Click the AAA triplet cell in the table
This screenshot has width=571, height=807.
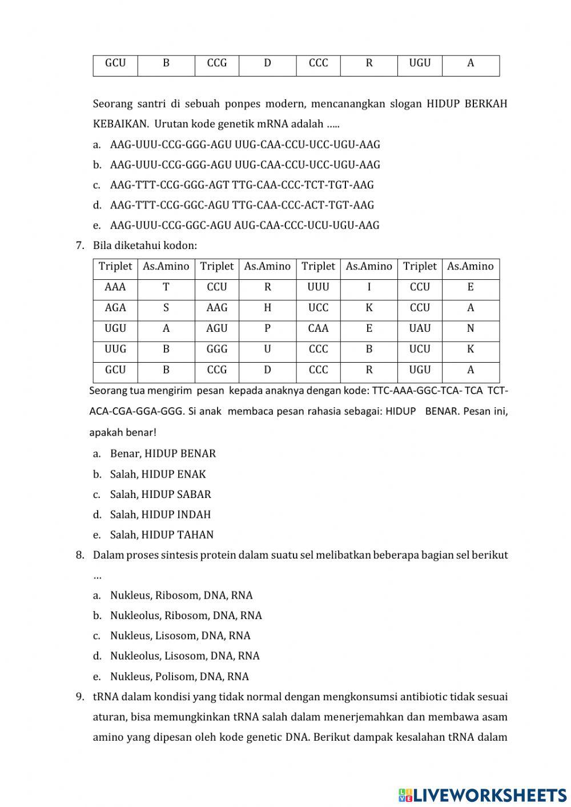115,287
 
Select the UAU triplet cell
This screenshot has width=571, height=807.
420,328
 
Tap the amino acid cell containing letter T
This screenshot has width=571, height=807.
166,287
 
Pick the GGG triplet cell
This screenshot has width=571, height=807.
217,349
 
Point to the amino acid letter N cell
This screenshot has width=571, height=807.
471,328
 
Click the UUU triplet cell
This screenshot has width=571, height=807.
318,287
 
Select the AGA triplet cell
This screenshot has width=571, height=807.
115,308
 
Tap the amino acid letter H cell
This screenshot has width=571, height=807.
267,308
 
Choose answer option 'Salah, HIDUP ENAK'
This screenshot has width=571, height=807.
158,474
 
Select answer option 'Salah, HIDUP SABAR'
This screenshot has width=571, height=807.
160,495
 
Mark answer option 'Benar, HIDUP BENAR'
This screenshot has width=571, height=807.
163,454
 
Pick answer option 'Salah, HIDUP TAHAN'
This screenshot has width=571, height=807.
162,535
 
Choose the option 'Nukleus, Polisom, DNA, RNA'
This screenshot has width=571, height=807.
179,677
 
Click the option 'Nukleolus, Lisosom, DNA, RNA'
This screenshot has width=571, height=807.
184,656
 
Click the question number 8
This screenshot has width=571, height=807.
80,555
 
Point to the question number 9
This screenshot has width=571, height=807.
80,697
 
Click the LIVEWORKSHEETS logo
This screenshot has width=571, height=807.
482,794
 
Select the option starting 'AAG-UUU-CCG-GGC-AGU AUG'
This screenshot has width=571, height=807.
244,226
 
